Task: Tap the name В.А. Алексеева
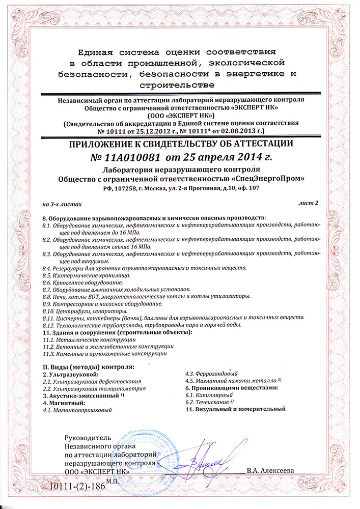[x=270, y=471]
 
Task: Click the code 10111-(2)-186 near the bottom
[x=75, y=486]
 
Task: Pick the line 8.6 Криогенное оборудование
[x=82, y=282]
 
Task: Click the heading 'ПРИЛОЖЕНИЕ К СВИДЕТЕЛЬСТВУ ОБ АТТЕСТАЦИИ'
[x=180, y=144]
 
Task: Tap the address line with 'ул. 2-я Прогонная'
[x=180, y=188]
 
